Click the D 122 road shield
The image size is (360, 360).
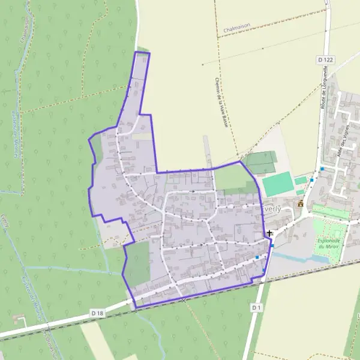325,60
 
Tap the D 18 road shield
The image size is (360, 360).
98,313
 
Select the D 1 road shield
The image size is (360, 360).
257,308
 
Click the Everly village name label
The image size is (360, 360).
271,209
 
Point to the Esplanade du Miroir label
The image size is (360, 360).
328,244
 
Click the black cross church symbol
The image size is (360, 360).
269,233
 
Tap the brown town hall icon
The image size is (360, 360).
301,203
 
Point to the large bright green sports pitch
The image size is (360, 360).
277,183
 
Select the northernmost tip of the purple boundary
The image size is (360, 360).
142,53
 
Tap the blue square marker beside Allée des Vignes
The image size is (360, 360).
322,169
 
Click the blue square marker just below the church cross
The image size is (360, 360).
272,245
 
